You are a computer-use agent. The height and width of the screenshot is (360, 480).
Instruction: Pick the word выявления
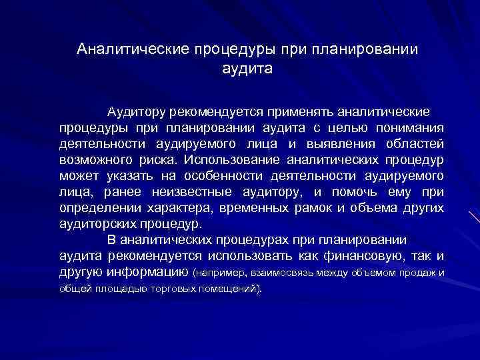pos(341,143)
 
